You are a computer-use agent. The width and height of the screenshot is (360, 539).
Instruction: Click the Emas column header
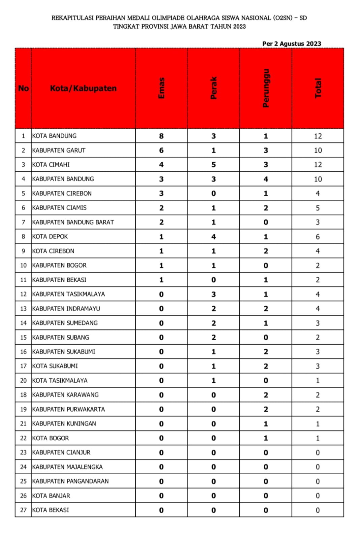click(161, 88)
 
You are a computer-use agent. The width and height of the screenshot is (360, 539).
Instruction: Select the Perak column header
click(214, 88)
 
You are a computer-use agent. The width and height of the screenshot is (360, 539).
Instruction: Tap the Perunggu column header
click(266, 88)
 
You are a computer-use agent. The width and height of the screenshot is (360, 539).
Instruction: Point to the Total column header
click(318, 88)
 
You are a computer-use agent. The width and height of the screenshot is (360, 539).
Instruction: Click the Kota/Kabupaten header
click(83, 88)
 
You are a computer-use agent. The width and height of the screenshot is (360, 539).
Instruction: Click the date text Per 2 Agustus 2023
click(292, 43)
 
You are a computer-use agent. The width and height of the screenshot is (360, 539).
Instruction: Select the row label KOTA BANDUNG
click(54, 136)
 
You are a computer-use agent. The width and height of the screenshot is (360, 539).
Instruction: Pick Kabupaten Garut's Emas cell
click(161, 150)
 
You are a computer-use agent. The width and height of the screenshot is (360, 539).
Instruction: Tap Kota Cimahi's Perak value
click(214, 165)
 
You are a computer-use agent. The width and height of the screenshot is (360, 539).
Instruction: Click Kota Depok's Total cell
click(318, 237)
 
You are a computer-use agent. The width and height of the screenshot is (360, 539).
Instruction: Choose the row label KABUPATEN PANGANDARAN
click(70, 481)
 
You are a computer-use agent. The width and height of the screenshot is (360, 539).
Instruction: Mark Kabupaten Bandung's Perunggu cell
click(266, 179)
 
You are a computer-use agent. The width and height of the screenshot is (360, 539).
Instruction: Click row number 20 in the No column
click(23, 380)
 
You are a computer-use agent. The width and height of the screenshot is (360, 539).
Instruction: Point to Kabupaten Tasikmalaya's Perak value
click(214, 294)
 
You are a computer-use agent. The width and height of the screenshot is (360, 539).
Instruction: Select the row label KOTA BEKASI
click(51, 510)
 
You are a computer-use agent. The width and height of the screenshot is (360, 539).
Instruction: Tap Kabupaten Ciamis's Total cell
click(318, 208)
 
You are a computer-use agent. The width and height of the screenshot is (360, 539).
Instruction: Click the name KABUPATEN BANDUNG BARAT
click(73, 222)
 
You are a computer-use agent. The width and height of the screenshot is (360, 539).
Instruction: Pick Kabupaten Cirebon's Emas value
click(161, 193)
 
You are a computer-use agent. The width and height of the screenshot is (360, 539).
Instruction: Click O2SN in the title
click(283, 18)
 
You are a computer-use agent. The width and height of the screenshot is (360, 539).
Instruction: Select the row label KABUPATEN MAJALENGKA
click(67, 467)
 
